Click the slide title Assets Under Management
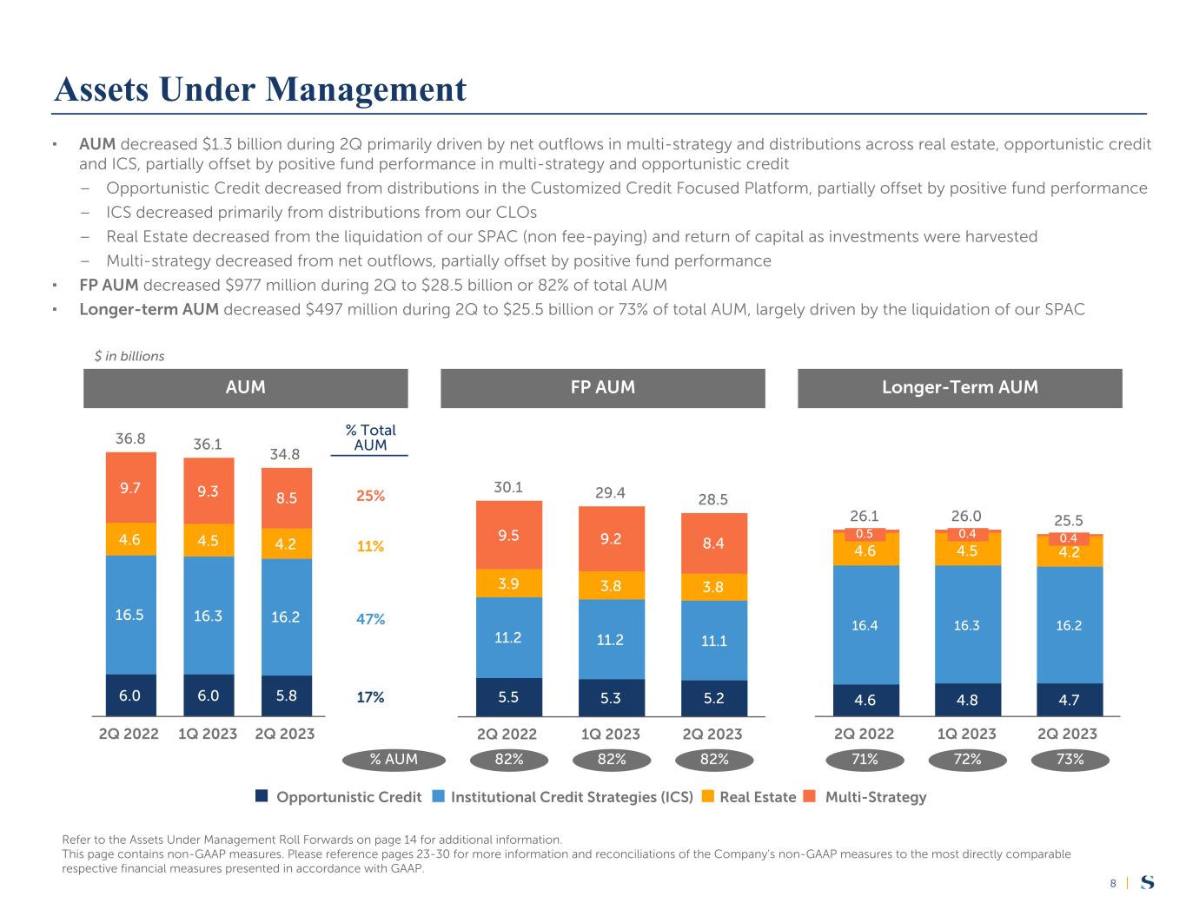click(x=260, y=89)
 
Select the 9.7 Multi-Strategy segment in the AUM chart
click(x=131, y=488)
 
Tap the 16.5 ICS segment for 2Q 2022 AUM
click(x=131, y=615)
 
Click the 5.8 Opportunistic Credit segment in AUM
click(x=286, y=696)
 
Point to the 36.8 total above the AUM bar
click(x=130, y=439)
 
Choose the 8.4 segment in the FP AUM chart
click(x=714, y=544)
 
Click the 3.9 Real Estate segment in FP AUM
click(x=509, y=583)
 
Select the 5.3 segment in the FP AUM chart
click(x=612, y=697)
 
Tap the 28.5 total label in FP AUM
click(x=713, y=499)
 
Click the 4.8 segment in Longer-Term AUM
click(x=968, y=700)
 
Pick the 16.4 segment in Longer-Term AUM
click(x=865, y=625)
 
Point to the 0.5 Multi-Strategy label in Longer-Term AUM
click(x=865, y=534)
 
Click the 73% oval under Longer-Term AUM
click(x=1070, y=760)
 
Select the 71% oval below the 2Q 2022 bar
click(x=865, y=760)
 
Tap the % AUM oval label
click(x=394, y=760)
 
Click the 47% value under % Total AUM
click(x=370, y=619)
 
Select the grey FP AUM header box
click(x=602, y=388)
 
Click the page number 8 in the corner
click(x=1113, y=884)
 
